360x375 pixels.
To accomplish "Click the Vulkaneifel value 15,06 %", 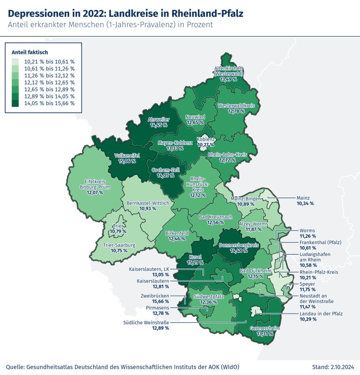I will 124,161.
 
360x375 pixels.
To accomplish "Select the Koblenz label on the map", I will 205,140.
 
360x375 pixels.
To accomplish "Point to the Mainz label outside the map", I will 304,198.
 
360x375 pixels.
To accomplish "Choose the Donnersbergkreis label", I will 238,245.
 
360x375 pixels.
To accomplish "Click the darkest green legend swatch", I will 15,103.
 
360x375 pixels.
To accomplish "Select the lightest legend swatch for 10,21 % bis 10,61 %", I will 15,61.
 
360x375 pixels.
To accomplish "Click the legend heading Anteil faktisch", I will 30,52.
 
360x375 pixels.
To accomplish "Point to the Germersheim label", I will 265,329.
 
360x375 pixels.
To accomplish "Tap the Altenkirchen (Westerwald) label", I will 228,71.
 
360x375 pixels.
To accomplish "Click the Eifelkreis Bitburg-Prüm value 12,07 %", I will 91,193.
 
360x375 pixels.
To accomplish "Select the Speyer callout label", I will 307,284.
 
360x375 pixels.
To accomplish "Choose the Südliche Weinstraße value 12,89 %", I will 160,328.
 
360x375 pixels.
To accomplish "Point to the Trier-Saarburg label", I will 119,245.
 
